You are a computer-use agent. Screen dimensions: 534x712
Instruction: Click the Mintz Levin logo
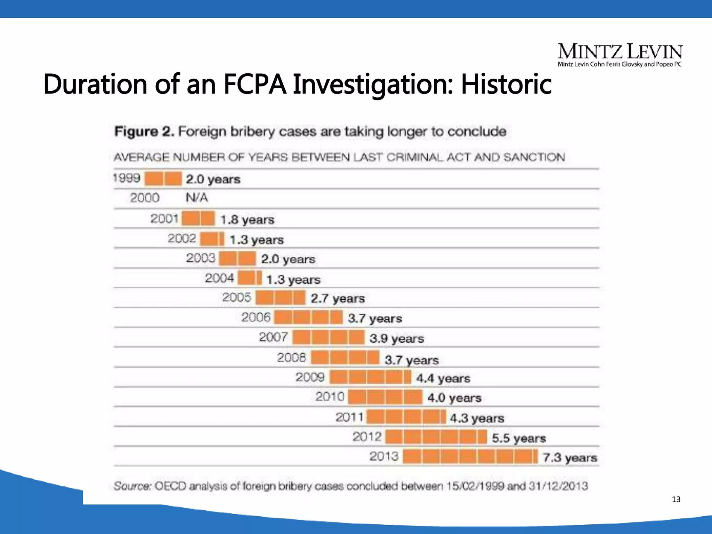(x=620, y=54)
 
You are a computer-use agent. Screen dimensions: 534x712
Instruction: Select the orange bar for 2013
(x=470, y=456)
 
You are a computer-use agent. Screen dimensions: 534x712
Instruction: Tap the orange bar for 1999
(x=163, y=179)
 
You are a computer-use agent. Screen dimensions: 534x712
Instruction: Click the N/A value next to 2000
(x=196, y=198)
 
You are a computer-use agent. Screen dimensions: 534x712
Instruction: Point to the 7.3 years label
(x=569, y=458)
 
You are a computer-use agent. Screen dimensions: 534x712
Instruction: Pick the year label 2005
(x=236, y=298)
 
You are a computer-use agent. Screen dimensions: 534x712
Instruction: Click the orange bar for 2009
(x=370, y=377)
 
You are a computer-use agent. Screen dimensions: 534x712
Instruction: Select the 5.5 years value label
(x=519, y=438)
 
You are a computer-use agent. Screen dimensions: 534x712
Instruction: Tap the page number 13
(x=676, y=500)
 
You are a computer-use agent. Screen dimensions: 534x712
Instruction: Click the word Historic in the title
(x=506, y=84)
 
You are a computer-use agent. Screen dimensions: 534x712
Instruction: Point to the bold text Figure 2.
(x=144, y=132)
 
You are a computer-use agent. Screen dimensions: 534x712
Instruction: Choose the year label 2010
(x=330, y=397)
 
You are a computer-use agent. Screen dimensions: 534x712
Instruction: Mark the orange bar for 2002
(x=212, y=239)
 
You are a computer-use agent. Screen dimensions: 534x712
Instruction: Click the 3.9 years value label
(x=397, y=338)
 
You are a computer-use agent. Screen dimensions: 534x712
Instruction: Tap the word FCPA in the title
(x=255, y=84)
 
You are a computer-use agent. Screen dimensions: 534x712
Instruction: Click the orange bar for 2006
(x=308, y=317)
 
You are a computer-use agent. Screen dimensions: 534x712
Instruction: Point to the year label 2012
(x=367, y=437)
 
